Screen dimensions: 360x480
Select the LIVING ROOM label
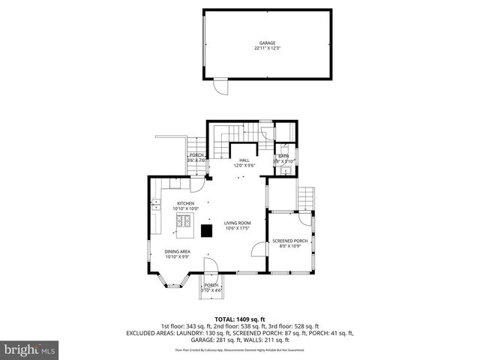tap(237, 223)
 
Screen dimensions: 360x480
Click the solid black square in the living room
tap(206, 231)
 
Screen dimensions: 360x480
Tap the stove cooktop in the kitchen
tap(183, 220)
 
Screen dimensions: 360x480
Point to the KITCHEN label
tap(185, 203)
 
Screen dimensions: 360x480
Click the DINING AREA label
tap(178, 252)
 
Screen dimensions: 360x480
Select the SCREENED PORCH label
tap(289, 241)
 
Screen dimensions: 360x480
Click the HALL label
tap(244, 160)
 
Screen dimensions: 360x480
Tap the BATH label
tap(283, 156)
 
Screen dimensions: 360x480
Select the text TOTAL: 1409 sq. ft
tap(240, 319)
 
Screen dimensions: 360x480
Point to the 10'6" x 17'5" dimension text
tap(237, 228)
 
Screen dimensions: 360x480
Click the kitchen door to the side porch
tap(197, 184)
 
